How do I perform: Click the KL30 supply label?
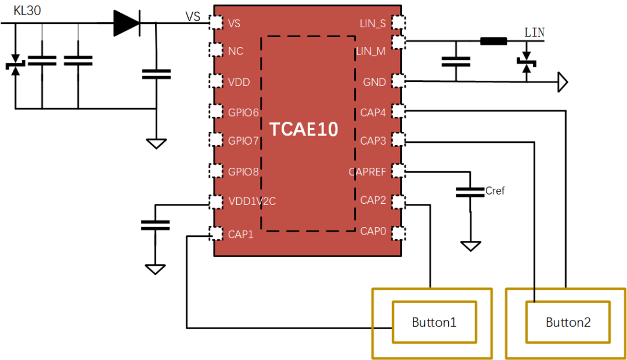27,10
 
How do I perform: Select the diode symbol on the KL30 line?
127,23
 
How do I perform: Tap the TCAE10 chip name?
304,129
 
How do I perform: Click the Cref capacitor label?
495,191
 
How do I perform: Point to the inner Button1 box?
434,302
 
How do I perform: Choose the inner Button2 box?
568,302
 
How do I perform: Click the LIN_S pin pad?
398,23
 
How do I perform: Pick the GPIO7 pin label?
243,141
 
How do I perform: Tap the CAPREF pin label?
367,172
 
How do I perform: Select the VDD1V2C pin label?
252,201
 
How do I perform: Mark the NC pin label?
236,51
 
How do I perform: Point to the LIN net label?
534,33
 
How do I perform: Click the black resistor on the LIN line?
493,41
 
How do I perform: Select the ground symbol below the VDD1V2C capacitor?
155,269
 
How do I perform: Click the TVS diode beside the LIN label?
527,62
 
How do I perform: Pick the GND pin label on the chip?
374,82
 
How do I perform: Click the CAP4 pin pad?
398,111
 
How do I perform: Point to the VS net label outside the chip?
193,16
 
